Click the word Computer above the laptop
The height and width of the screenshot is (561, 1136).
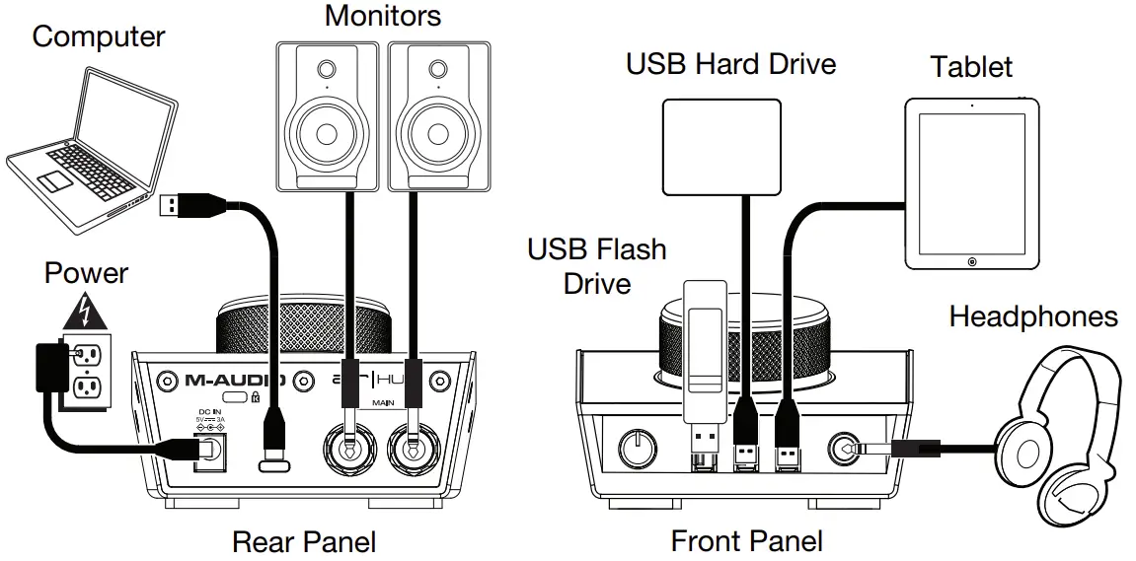pos(98,37)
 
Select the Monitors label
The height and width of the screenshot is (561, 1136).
pos(383,16)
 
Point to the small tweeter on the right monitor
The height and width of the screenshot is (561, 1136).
pos(436,72)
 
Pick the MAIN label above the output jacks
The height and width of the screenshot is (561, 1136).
pos(384,403)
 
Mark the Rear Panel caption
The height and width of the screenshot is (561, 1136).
pos(304,541)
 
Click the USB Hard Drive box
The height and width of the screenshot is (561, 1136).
pos(722,146)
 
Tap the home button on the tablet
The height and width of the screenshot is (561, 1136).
pos(972,261)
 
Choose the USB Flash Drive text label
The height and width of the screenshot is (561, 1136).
pos(596,266)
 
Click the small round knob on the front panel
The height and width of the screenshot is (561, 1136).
pos(637,450)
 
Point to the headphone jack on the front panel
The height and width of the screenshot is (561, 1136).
pos(845,449)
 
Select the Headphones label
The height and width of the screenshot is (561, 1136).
pos(1032,316)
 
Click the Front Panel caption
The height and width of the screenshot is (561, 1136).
pos(746,541)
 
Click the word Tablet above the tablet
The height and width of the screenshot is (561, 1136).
pos(971,67)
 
